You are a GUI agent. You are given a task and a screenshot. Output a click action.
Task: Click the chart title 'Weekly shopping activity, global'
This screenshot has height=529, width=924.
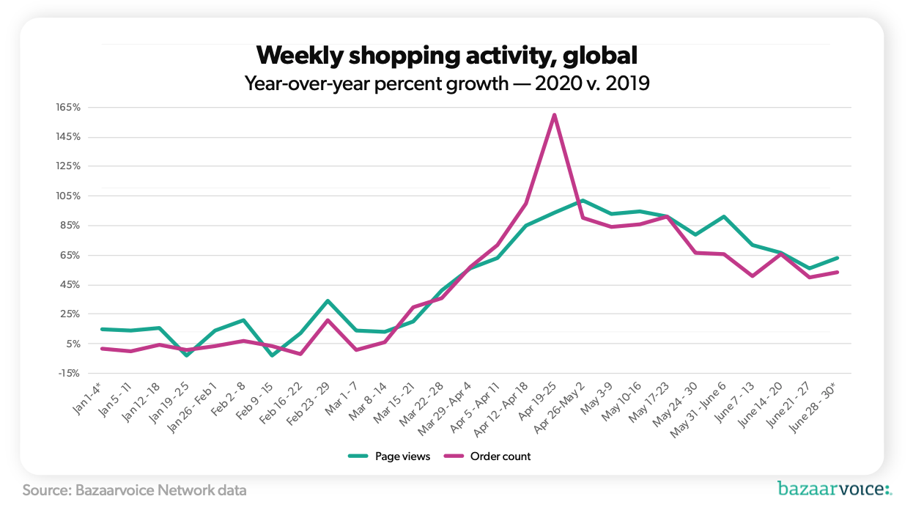[x=447, y=55]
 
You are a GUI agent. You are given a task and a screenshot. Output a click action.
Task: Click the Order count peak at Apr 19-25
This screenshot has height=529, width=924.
[x=554, y=114]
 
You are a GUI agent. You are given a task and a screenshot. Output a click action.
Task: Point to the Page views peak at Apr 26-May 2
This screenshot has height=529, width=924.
[x=582, y=200]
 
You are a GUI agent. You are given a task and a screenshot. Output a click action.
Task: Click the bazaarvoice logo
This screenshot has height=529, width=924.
[x=834, y=489]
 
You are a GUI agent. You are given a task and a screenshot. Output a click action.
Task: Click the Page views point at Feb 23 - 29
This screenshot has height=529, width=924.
[x=328, y=300]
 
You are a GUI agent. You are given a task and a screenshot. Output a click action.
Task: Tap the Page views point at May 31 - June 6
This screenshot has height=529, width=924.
[x=724, y=217]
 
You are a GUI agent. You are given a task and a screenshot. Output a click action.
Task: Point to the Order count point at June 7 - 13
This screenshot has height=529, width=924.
[x=753, y=276]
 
